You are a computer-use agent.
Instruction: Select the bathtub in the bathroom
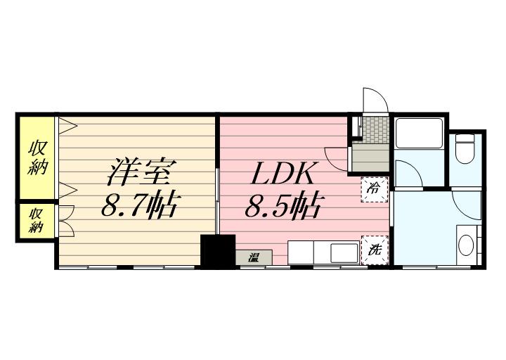click(418, 132)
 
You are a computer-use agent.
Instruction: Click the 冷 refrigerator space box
click(374, 189)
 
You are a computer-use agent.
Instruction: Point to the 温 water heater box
click(254, 258)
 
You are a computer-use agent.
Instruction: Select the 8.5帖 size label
click(283, 206)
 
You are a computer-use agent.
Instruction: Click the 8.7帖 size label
click(138, 206)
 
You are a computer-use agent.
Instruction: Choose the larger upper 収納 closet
click(37, 158)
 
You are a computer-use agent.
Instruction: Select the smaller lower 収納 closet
click(37, 221)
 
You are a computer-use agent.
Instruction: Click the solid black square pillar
click(217, 251)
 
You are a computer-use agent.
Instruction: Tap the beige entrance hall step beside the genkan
click(370, 157)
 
